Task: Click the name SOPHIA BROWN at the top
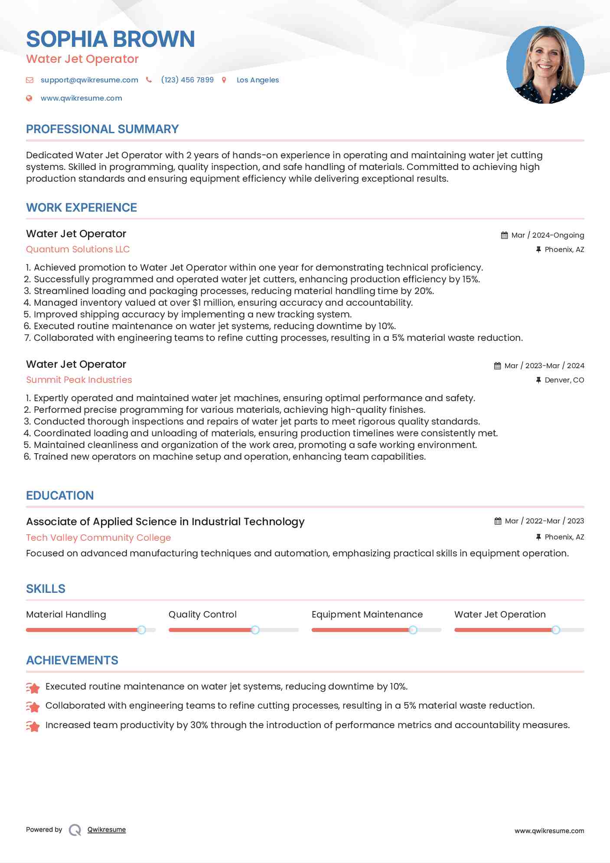point(110,39)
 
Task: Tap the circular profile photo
point(545,65)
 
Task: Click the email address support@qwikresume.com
point(89,80)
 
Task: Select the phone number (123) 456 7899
point(187,80)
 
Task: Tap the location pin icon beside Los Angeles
point(224,80)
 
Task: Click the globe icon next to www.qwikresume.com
point(29,98)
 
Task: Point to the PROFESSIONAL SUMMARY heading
point(102,129)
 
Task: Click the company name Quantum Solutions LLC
point(78,249)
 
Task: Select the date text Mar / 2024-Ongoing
point(548,235)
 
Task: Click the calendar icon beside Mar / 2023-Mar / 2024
point(497,366)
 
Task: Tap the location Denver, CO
point(564,380)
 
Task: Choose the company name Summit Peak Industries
point(79,380)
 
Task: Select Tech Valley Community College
point(98,538)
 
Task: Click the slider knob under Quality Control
point(255,630)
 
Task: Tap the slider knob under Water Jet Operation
point(556,630)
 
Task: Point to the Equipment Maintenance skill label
point(367,615)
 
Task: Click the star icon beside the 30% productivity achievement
point(33,726)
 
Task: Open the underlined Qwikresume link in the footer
point(107,830)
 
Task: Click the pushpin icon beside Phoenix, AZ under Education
point(538,537)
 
